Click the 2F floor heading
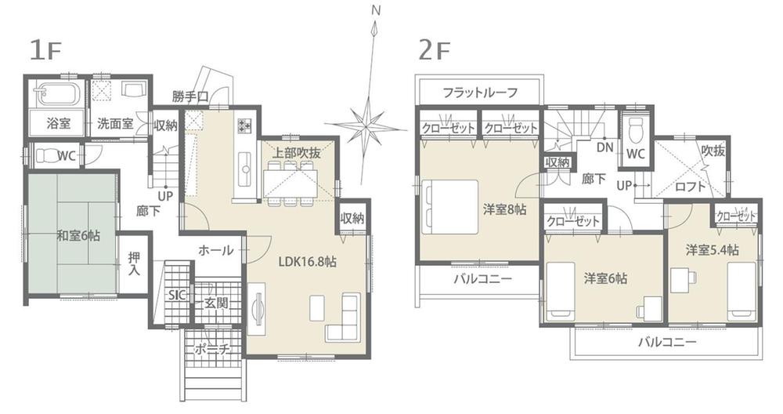coord(435,49)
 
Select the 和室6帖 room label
coord(78,234)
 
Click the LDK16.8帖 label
coord(307,263)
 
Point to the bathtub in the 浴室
coord(59,95)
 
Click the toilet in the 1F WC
coord(50,154)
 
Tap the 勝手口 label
coord(190,96)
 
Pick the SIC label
coord(177,296)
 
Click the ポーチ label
coord(211,349)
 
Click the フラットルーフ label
coord(480,93)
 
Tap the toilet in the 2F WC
coord(636,126)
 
